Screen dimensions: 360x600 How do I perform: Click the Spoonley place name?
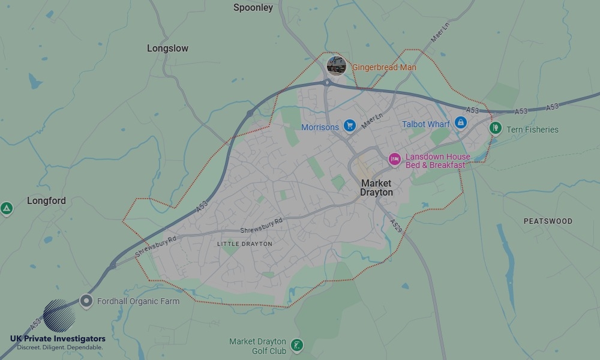253,8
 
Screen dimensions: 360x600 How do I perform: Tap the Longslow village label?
167,49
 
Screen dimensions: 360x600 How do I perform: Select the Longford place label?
46,201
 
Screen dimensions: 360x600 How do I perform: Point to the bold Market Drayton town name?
376,188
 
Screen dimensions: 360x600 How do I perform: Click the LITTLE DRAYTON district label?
244,244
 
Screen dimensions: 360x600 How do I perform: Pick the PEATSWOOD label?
548,221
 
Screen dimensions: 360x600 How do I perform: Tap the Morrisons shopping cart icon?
350,125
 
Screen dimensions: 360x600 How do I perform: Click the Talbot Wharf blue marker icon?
460,123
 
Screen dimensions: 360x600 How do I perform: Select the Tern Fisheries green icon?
496,128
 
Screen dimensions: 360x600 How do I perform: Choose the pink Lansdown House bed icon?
395,159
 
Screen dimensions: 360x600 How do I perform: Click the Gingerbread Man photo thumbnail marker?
336,65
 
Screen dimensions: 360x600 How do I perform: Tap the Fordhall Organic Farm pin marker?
86,301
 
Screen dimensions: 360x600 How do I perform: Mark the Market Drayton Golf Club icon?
296,345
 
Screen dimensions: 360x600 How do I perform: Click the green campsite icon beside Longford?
6,209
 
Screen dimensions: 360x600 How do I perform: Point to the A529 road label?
395,226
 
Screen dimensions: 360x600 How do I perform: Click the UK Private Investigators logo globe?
59,316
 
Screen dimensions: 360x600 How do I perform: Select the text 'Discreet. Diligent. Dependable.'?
59,347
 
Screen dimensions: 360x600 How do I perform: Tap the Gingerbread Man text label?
383,68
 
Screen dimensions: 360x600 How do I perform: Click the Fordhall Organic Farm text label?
138,301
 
